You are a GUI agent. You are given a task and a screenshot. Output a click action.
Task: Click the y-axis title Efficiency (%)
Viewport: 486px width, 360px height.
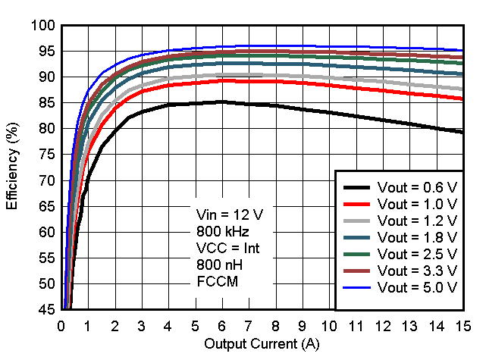click(x=12, y=167)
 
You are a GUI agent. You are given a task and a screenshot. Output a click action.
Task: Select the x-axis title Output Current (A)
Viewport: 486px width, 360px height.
click(x=262, y=345)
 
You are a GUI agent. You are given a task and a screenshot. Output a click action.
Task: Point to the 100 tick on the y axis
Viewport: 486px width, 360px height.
click(x=44, y=26)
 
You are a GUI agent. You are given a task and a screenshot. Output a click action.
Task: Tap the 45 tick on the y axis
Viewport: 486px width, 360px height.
click(x=47, y=310)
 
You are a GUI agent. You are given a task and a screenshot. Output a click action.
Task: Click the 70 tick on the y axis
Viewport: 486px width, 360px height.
click(x=47, y=181)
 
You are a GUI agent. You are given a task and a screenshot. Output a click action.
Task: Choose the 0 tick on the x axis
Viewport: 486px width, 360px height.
click(x=61, y=326)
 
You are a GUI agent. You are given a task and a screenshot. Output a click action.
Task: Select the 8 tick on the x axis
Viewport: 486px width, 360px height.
click(x=275, y=326)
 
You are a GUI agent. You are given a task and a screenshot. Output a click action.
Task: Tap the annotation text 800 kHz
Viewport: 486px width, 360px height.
click(x=219, y=230)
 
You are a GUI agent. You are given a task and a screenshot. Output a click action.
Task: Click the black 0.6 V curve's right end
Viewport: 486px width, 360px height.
click(x=462, y=132)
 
